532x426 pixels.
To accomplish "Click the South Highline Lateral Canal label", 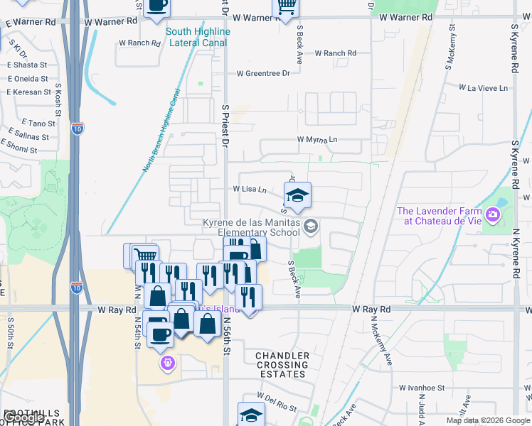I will click(197, 37).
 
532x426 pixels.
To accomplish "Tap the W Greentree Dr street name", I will click(263, 73).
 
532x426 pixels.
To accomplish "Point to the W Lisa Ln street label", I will click(249, 190).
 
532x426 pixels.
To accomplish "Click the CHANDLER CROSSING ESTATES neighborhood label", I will click(282, 365).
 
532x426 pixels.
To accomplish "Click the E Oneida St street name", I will click(28, 79).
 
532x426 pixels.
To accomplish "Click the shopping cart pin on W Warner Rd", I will click(286, 8).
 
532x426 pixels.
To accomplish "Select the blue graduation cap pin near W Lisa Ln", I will click(298, 195).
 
